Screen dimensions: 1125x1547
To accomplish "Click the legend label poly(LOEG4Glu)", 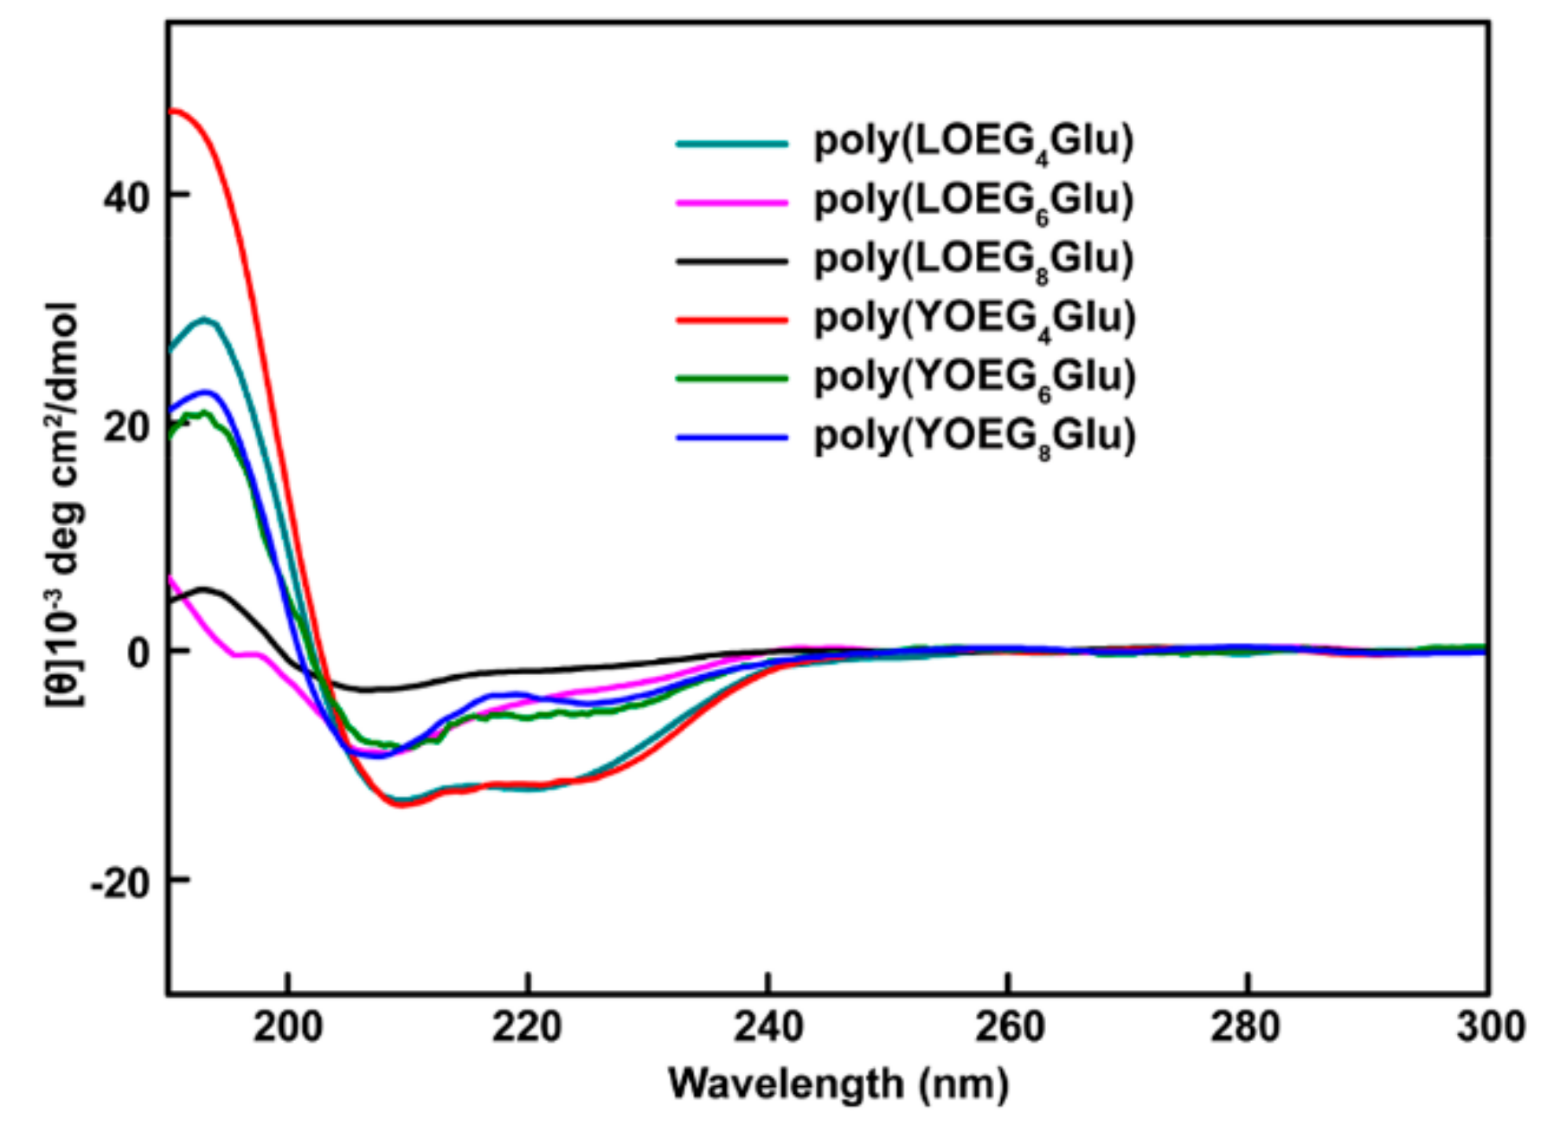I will coord(973,142).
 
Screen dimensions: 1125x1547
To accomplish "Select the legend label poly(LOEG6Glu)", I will coord(973,201).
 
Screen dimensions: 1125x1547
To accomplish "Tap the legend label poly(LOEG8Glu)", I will coord(973,260).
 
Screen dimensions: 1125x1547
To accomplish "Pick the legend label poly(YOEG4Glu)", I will coord(974,318).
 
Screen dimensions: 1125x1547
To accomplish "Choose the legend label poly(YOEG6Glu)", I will coord(974,377).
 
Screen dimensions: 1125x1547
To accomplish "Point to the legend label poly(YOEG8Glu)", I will coord(974,436).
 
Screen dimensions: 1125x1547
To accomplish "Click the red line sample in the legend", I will coord(732,319).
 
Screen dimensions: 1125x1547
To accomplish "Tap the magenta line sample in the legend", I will coord(732,202).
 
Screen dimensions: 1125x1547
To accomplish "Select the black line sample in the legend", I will coord(732,260).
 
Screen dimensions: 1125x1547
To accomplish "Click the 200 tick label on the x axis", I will coord(287,1028).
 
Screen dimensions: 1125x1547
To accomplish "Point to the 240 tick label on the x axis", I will coord(767,1028).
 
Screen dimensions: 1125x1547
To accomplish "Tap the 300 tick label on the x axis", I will coord(1488,1028).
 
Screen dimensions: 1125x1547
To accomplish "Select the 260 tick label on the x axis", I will coord(1008,1028).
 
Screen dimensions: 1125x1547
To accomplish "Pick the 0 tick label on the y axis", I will coord(138,652).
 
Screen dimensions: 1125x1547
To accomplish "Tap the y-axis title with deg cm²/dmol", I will coord(64,502).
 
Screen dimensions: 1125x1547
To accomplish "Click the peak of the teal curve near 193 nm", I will coord(204,319).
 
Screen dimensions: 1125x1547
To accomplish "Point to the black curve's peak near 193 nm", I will coord(204,589).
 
